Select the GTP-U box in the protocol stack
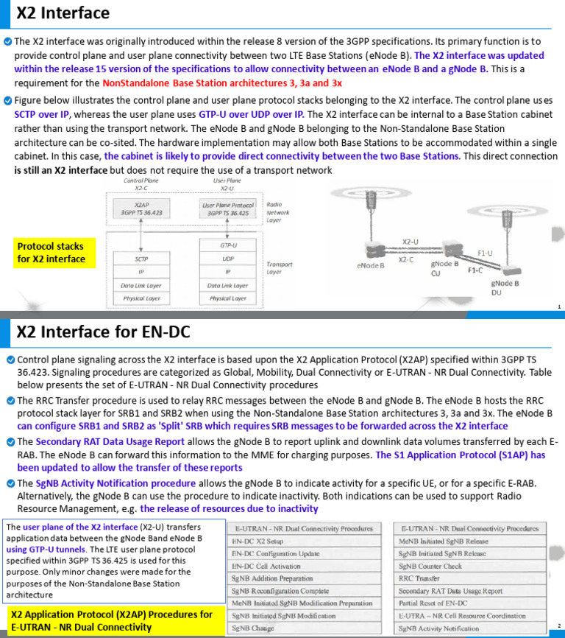tap(228, 245)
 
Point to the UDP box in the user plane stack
tap(228, 259)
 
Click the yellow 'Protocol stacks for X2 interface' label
tap(51, 253)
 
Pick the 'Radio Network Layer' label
tap(278, 212)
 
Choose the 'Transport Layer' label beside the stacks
tap(280, 267)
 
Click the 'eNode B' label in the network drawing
tap(370, 266)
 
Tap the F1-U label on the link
tap(486, 253)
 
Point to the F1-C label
tap(475, 270)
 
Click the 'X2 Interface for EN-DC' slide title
tap(103, 332)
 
